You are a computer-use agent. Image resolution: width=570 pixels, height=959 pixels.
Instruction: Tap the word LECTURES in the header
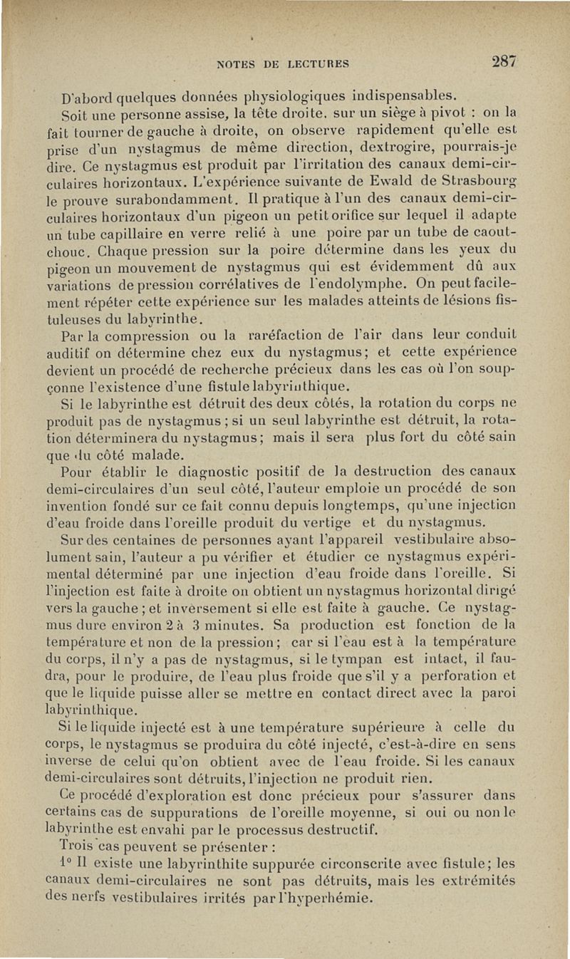(x=314, y=63)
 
